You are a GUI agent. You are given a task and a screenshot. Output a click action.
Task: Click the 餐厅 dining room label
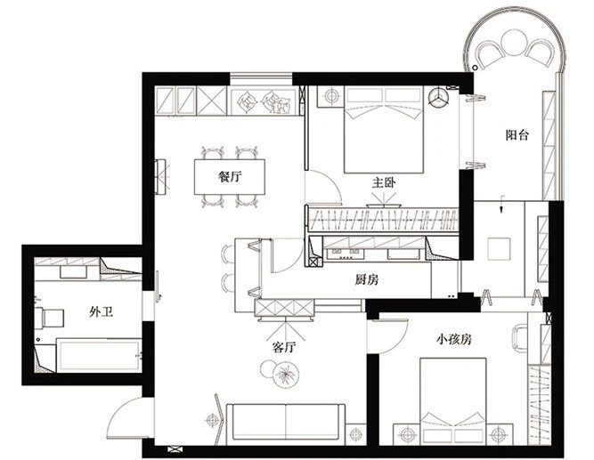[x=230, y=176]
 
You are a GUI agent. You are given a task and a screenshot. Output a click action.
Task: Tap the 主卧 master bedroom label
[x=384, y=183]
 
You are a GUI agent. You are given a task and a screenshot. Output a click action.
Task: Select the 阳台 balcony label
[x=517, y=135]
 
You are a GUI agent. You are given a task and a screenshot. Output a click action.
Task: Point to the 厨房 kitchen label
[x=367, y=279]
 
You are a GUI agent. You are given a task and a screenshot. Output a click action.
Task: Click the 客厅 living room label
[x=284, y=347]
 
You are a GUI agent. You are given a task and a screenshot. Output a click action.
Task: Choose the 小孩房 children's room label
[x=454, y=339]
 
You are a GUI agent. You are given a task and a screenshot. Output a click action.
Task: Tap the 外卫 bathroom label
[x=102, y=312]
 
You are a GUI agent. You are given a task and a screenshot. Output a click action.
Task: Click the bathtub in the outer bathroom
[x=99, y=356]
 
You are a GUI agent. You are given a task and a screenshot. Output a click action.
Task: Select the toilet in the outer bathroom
[x=50, y=319]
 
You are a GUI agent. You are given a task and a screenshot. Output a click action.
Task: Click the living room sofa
[x=286, y=424]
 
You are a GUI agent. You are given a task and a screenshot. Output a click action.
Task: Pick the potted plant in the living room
[x=286, y=375]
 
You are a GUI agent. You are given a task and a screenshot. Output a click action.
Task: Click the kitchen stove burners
[x=346, y=253]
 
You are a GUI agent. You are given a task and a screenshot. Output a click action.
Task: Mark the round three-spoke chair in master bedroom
[x=438, y=97]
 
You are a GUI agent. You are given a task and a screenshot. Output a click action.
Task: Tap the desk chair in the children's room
[x=520, y=338]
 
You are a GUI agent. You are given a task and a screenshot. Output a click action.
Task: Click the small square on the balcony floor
[x=499, y=249]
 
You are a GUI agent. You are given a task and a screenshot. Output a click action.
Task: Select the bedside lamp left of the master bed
[x=331, y=96]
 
